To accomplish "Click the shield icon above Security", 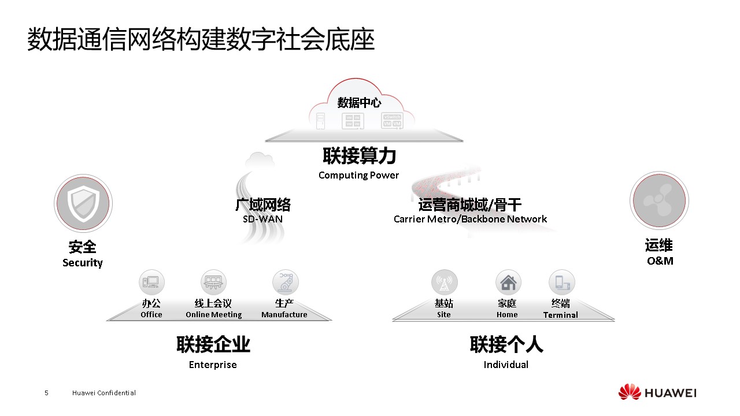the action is pyautogui.click(x=83, y=203).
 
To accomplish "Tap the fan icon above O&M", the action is pyautogui.click(x=659, y=200).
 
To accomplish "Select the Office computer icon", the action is pyautogui.click(x=151, y=283).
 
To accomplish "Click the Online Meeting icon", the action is pyautogui.click(x=213, y=283).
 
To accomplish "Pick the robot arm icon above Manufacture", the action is pyautogui.click(x=286, y=283).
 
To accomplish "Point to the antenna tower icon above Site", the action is pyautogui.click(x=445, y=283).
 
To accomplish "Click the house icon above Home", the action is pyautogui.click(x=508, y=283).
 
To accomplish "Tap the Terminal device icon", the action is pyautogui.click(x=561, y=283).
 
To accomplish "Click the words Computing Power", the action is pyautogui.click(x=358, y=175).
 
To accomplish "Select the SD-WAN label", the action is pyautogui.click(x=262, y=219).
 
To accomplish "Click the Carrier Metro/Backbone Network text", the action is pyautogui.click(x=470, y=219).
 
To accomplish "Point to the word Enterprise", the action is pyautogui.click(x=213, y=365).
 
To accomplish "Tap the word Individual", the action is pyautogui.click(x=506, y=365).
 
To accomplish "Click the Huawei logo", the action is pyautogui.click(x=657, y=392).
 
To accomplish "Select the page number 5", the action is pyautogui.click(x=46, y=393).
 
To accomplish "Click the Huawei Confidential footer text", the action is pyautogui.click(x=103, y=393).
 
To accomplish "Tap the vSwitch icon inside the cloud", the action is pyautogui.click(x=392, y=121).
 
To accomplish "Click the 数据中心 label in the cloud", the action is pyautogui.click(x=359, y=103).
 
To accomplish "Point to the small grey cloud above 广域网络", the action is pyautogui.click(x=260, y=161).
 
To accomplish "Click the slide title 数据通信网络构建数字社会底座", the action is pyautogui.click(x=201, y=39).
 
